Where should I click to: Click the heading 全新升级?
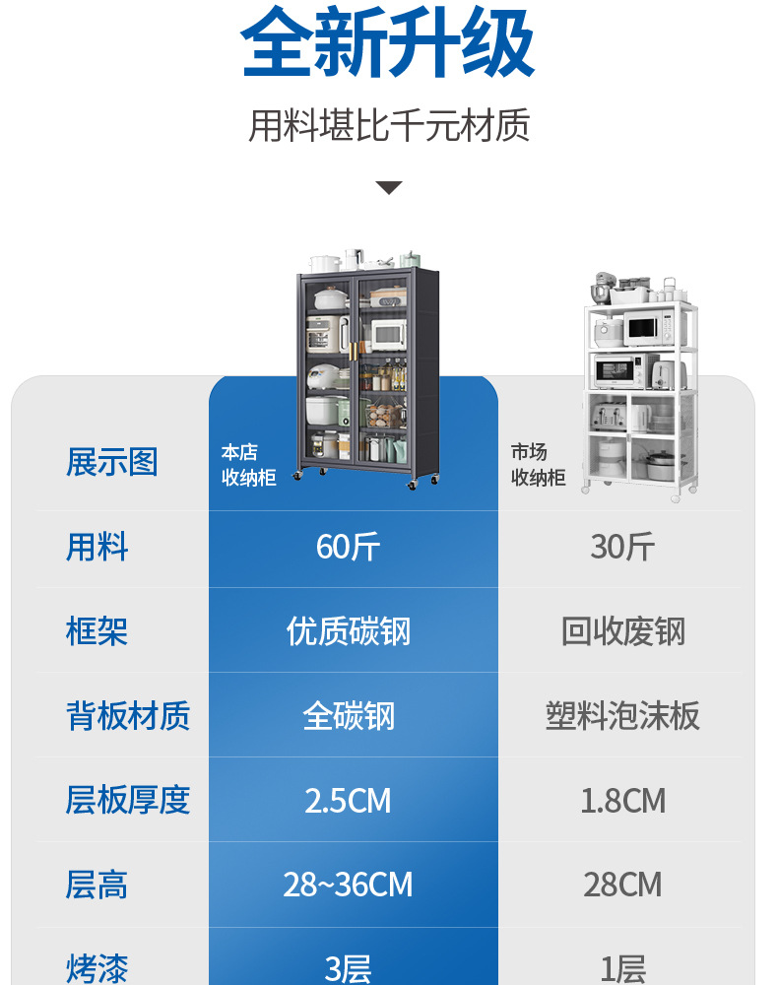388,43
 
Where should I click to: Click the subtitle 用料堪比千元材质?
389,126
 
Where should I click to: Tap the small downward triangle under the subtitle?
389,187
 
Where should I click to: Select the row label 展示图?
112,461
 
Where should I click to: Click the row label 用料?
97,547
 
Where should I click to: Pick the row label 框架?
97,631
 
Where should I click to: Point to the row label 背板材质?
128,716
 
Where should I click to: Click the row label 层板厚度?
128,801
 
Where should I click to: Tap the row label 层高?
97,885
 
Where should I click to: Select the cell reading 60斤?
349,547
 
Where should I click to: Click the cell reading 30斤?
622,547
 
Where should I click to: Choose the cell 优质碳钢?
349,631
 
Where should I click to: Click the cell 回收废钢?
622,631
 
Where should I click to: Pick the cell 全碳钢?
349,716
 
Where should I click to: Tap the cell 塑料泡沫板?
622,716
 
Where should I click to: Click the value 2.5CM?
349,801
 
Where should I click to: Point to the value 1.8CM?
622,801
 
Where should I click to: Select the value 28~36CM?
349,885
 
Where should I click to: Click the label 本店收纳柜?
248,465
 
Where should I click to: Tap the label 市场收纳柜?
538,465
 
